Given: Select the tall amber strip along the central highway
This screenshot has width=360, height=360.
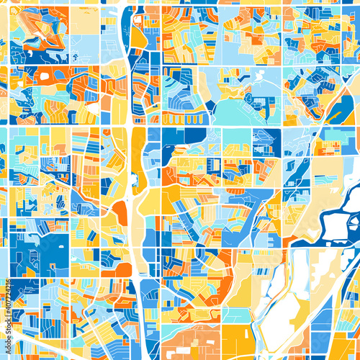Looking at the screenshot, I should point(138,155).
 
